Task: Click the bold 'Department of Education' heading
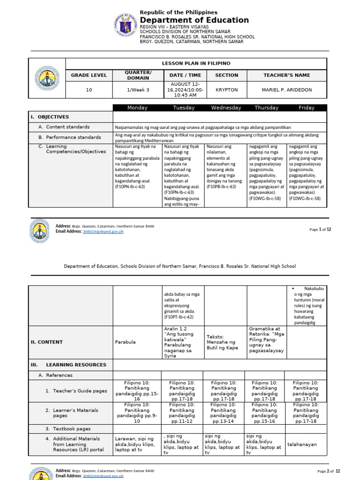pyautogui.click(x=194, y=20)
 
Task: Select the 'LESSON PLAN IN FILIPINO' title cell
pyautogui.click(x=196, y=64)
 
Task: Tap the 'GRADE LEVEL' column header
pyautogui.click(x=89, y=75)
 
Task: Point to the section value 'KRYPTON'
pyautogui.click(x=226, y=90)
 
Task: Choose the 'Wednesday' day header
pyautogui.click(x=226, y=108)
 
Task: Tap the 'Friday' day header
pyautogui.click(x=307, y=108)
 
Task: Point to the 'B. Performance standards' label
pyautogui.click(x=70, y=137)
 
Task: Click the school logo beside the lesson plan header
pyautogui.click(x=47, y=78)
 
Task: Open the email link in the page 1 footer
pyautogui.click(x=103, y=232)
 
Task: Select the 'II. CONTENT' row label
pyautogui.click(x=47, y=342)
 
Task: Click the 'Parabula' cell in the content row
pyautogui.click(x=125, y=342)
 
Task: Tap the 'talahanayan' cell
pyautogui.click(x=302, y=444)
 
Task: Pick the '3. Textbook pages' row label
pyautogui.click(x=68, y=429)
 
